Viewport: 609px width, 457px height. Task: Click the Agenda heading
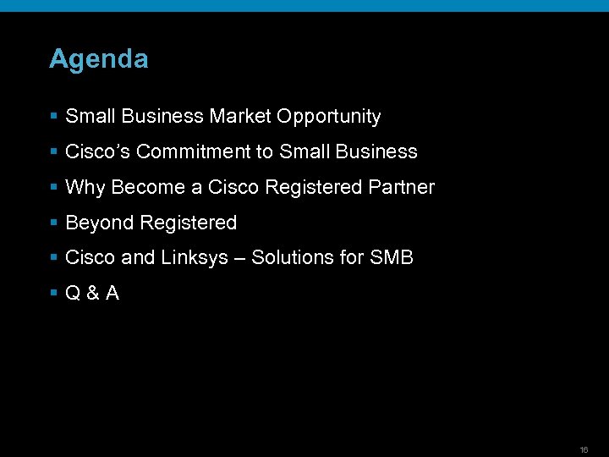pyautogui.click(x=98, y=59)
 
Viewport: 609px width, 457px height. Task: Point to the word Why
pyautogui.click(x=84, y=187)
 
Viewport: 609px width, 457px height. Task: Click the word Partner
pyautogui.click(x=401, y=187)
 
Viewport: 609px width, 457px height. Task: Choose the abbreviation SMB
pyautogui.click(x=392, y=257)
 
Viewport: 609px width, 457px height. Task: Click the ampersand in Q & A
pyautogui.click(x=92, y=294)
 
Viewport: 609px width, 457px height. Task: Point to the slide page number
pyautogui.click(x=584, y=449)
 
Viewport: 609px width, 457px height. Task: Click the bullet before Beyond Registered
pyautogui.click(x=53, y=223)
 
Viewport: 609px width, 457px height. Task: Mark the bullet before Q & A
pyautogui.click(x=53, y=294)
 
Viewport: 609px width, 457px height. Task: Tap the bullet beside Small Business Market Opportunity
pyautogui.click(x=53, y=116)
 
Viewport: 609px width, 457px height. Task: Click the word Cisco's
pyautogui.click(x=98, y=151)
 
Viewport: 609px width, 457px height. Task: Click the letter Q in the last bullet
pyautogui.click(x=73, y=294)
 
